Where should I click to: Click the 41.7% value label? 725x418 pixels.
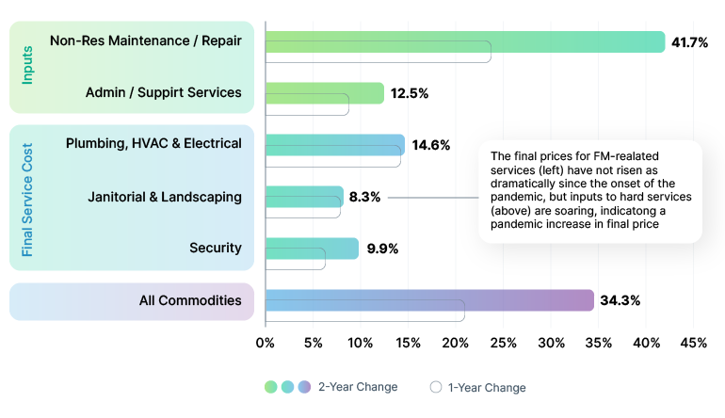tap(689, 42)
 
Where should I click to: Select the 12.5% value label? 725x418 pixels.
tap(410, 93)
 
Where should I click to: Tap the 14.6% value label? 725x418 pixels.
tap(430, 145)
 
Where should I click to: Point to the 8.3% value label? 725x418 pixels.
tap(365, 198)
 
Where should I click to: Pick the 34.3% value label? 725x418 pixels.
tap(620, 301)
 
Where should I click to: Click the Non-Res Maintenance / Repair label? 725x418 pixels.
tap(146, 40)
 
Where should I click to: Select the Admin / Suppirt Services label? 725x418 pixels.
tap(163, 92)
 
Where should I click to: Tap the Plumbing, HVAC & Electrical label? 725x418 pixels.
tap(153, 143)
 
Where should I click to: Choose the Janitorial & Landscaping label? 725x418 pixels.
tap(165, 197)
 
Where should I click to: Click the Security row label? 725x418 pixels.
tap(216, 249)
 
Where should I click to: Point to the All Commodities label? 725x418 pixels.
tap(190, 301)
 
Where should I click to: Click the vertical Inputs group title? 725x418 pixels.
tap(27, 67)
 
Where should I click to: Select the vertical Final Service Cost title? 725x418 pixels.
tap(27, 200)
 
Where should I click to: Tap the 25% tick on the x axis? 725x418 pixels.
tap(503, 343)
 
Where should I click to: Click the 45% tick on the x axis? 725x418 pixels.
tap(693, 343)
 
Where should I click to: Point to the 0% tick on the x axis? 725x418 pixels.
tap(266, 343)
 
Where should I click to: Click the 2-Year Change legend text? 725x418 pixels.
tap(357, 387)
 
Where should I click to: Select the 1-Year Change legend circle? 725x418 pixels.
tap(436, 387)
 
